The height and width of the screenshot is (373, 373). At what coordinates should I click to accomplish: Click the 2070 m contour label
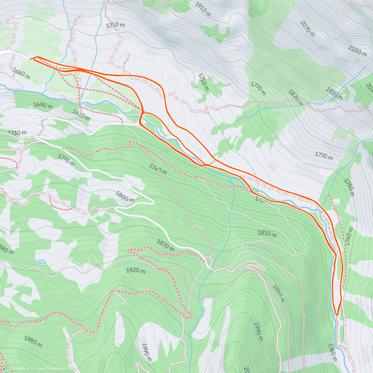tap(307, 28)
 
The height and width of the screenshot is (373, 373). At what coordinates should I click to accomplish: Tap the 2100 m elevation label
tap(357, 50)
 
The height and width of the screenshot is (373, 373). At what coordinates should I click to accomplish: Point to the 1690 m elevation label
tap(43, 105)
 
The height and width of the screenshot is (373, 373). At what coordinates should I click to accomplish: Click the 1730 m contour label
tap(17, 133)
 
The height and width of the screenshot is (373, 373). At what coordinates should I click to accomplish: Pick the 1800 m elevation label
tap(125, 196)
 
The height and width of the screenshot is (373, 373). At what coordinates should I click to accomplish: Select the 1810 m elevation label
tap(267, 233)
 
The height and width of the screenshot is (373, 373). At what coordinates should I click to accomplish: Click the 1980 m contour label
tap(33, 341)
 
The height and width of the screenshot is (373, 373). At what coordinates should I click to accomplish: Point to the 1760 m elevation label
tap(332, 352)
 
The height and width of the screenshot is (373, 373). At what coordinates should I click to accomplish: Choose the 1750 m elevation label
tap(349, 187)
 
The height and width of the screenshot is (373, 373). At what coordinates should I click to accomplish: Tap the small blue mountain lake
tap(41, 262)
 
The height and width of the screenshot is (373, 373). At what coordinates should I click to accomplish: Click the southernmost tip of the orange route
tap(337, 315)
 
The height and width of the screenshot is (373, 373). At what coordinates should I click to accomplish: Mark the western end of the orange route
tap(30, 58)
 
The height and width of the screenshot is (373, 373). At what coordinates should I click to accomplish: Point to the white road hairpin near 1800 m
tap(152, 202)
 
